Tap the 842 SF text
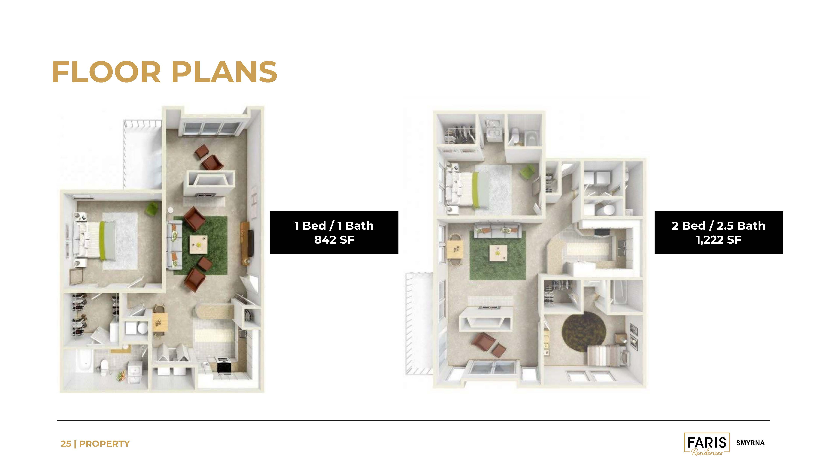click(334, 240)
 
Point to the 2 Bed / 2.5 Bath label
click(719, 226)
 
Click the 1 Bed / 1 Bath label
click(334, 226)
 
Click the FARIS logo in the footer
click(707, 444)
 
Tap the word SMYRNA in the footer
click(750, 443)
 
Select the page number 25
click(66, 444)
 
